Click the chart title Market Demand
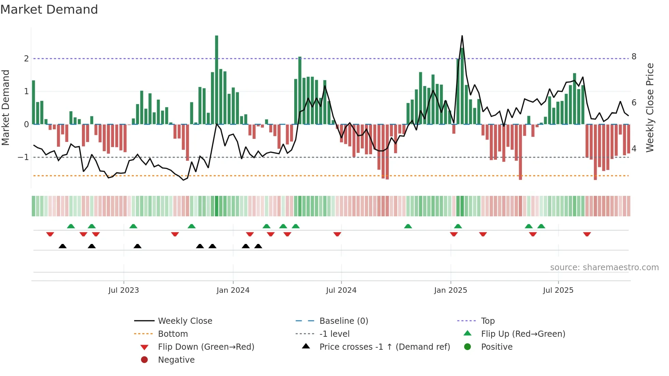pyautogui.click(x=49, y=10)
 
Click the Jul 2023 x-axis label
pyautogui.click(x=124, y=290)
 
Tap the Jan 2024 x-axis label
pyautogui.click(x=233, y=290)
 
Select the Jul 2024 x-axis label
pyautogui.click(x=341, y=290)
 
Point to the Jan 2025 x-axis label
pyautogui.click(x=451, y=290)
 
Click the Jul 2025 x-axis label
pyautogui.click(x=558, y=290)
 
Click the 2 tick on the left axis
pyautogui.click(x=26, y=59)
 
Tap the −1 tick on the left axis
pyautogui.click(x=24, y=157)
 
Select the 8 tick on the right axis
pyautogui.click(x=634, y=57)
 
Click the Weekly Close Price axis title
pyautogui.click(x=650, y=107)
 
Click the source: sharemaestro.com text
pyautogui.click(x=604, y=267)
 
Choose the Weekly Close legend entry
pyautogui.click(x=185, y=321)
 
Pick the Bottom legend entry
pyautogui.click(x=173, y=334)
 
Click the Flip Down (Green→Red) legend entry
pyautogui.click(x=206, y=347)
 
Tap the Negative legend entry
pyautogui.click(x=176, y=360)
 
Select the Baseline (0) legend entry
pyautogui.click(x=343, y=321)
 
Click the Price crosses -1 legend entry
pyautogui.click(x=384, y=347)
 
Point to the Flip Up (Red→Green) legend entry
pyautogui.click(x=523, y=334)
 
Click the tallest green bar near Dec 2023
pyautogui.click(x=216, y=78)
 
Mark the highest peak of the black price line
pyautogui.click(x=462, y=36)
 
